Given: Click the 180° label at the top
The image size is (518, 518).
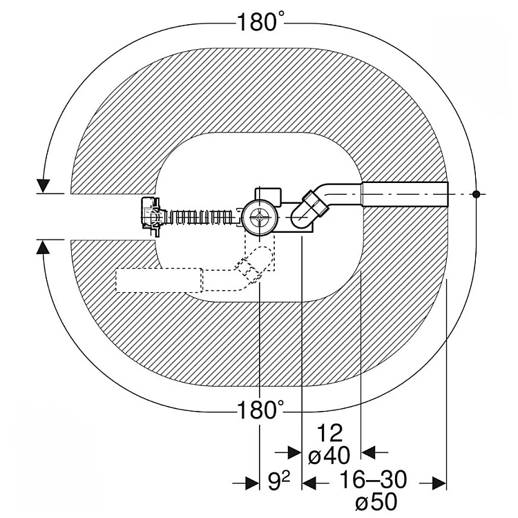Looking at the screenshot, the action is [x=260, y=22].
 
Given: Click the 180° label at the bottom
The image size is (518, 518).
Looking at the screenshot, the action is [x=260, y=410].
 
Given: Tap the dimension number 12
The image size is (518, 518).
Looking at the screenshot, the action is [x=329, y=433].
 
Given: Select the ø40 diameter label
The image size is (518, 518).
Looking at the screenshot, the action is [x=329, y=455].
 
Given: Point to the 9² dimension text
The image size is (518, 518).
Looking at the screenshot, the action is [x=279, y=481].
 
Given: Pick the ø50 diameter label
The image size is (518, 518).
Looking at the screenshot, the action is [x=376, y=502].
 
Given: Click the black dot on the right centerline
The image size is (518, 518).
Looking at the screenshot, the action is [x=476, y=194].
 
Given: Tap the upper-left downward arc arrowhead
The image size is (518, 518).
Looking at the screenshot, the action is [x=43, y=185].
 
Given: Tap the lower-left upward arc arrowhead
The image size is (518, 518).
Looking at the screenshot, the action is [x=43, y=247].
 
